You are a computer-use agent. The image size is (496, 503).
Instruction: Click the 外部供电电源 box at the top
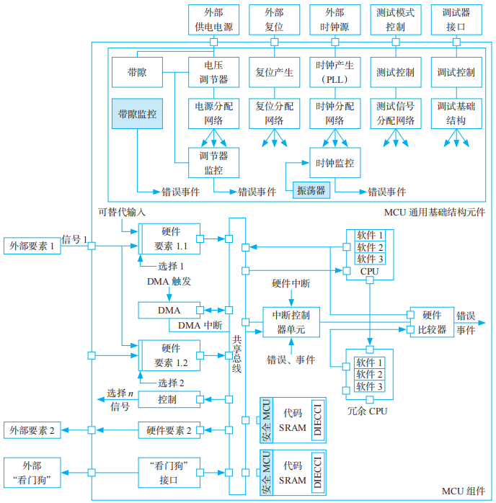click(x=213, y=20)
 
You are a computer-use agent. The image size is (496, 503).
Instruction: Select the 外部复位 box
click(x=274, y=20)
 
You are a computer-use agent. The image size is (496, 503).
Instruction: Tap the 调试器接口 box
click(x=456, y=20)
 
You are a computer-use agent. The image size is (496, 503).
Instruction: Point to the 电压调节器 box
click(x=213, y=72)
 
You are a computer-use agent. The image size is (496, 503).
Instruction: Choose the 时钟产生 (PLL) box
click(x=335, y=72)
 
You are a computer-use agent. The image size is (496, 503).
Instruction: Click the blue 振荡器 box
click(x=310, y=191)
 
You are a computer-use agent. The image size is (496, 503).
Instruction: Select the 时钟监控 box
click(x=335, y=164)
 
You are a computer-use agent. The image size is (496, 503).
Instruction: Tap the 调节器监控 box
click(x=213, y=163)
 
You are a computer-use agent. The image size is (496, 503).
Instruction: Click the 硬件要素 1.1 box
click(x=170, y=237)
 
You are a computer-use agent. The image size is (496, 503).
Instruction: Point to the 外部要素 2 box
click(x=32, y=430)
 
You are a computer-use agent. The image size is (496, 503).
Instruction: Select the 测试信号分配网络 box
click(x=395, y=113)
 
